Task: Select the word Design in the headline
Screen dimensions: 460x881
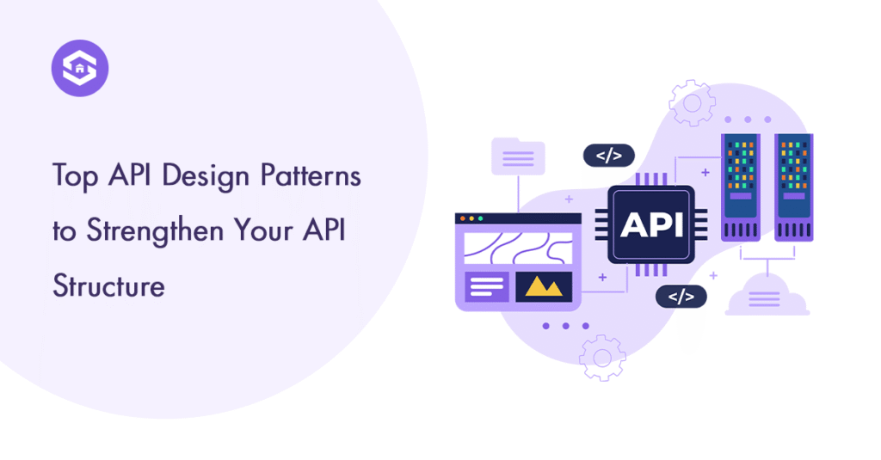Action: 203,176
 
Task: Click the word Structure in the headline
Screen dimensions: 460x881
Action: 108,285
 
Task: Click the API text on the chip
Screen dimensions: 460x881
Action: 651,224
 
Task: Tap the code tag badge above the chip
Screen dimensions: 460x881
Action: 608,156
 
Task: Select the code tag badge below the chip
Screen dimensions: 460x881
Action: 681,297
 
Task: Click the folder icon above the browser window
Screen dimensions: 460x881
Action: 517,157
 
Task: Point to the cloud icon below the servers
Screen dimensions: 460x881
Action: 766,297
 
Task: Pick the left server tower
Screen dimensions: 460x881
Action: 739,186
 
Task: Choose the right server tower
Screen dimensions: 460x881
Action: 793,186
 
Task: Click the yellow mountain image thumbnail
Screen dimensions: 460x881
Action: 544,287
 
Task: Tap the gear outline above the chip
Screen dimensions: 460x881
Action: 692,103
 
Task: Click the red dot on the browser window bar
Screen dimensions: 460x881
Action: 464,219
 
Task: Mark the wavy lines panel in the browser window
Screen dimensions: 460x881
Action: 518,248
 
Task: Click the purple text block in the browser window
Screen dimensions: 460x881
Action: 487,286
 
